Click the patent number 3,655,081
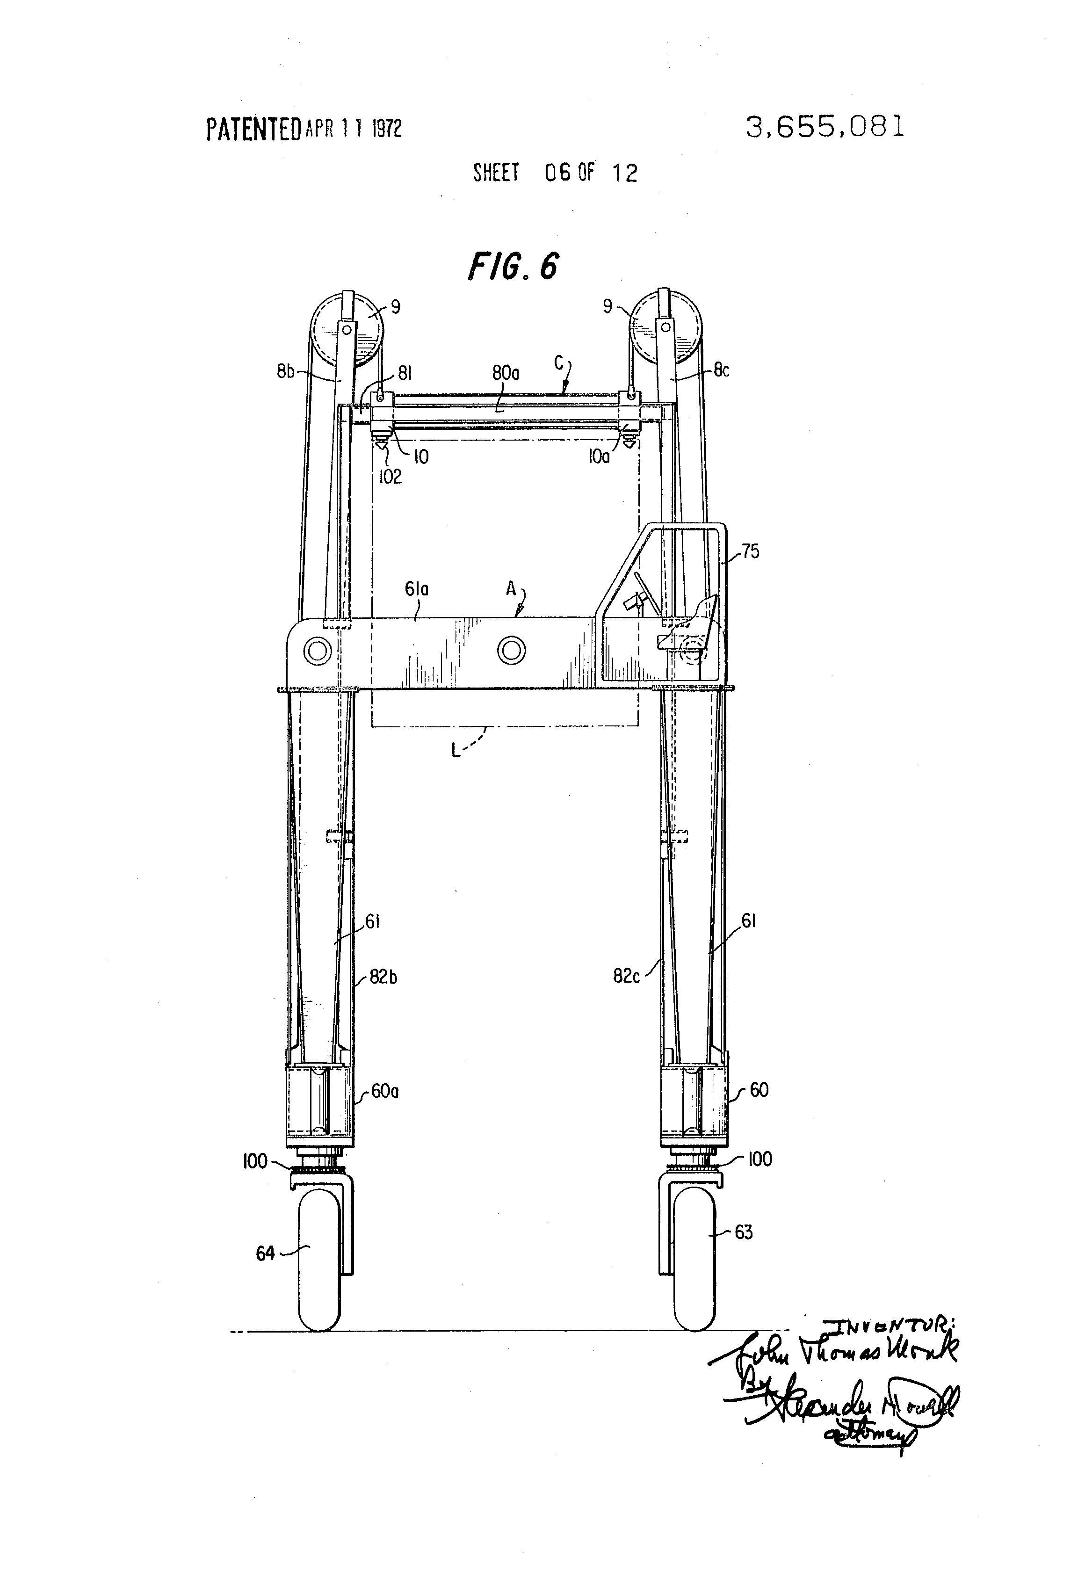(825, 127)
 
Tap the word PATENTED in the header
(253, 129)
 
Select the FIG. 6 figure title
(513, 266)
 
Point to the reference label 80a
(506, 373)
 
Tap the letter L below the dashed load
(456, 750)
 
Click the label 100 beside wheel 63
(759, 1159)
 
